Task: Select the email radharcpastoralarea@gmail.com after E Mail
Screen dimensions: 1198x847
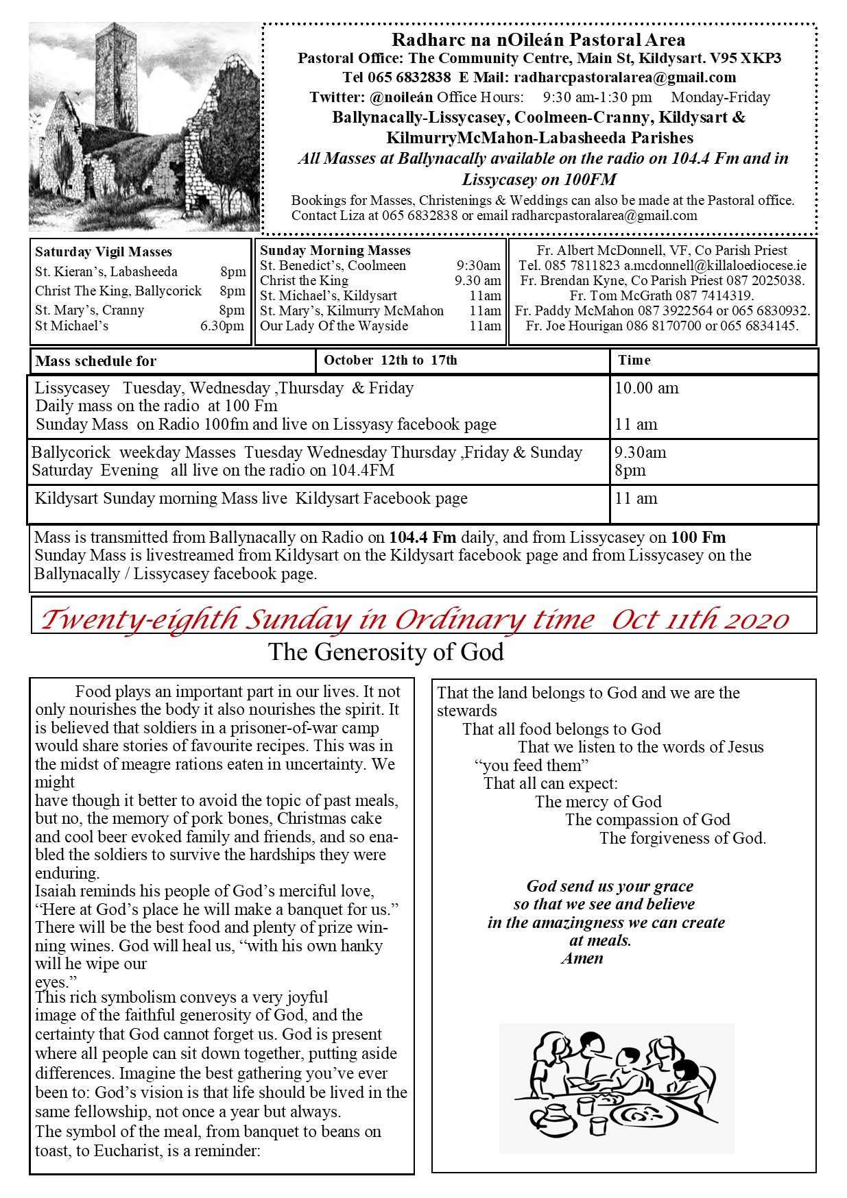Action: pyautogui.click(x=625, y=77)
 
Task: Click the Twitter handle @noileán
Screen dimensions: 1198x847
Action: pyautogui.click(x=401, y=97)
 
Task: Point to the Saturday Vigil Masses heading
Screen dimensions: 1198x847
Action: pyautogui.click(x=104, y=252)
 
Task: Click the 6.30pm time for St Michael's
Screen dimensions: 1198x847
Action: pyautogui.click(x=222, y=326)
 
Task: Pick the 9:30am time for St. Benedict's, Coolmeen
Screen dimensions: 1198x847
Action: pyautogui.click(x=479, y=266)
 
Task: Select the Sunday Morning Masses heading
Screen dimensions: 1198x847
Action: pyautogui.click(x=335, y=251)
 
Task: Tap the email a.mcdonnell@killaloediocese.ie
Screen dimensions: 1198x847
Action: pyautogui.click(x=715, y=265)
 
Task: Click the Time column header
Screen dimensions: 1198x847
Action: pyautogui.click(x=634, y=360)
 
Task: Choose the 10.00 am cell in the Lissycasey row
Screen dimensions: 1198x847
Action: pyautogui.click(x=647, y=389)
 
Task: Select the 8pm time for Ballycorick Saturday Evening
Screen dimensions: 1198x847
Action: pyautogui.click(x=630, y=471)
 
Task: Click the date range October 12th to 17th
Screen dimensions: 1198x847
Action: pyautogui.click(x=390, y=360)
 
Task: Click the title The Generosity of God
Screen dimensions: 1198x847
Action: pyautogui.click(x=386, y=652)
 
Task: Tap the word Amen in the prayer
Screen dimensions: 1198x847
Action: pyautogui.click(x=582, y=959)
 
